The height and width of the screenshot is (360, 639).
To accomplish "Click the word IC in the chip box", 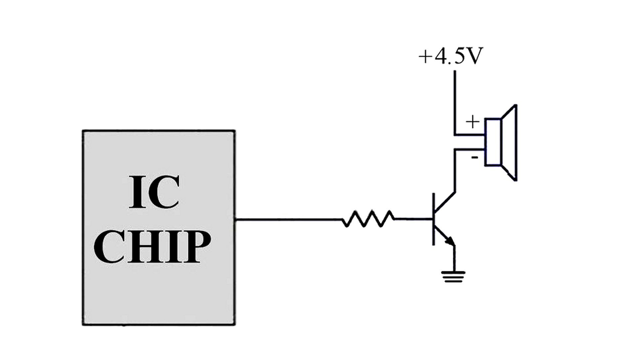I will [x=154, y=192].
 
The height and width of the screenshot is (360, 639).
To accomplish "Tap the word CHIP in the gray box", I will [x=152, y=247].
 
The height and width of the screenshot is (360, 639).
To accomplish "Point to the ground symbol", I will [x=453, y=276].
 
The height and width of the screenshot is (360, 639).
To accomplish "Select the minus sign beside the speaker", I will [x=475, y=158].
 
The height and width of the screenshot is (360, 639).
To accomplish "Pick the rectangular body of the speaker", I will [x=493, y=142].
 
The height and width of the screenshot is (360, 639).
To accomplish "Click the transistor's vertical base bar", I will [x=433, y=219].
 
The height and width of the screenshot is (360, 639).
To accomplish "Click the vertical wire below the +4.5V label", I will [x=455, y=100].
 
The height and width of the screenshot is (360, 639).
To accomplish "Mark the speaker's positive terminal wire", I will [x=469, y=135].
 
